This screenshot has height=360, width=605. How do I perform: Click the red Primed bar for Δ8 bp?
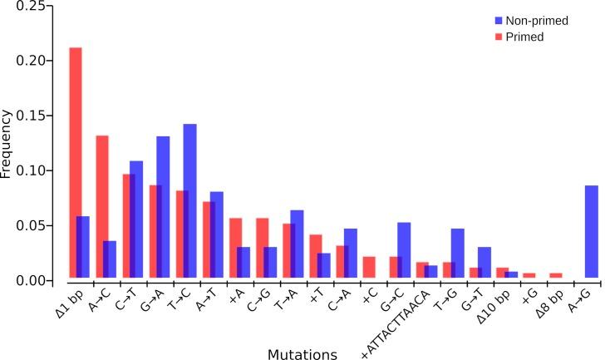tap(556, 275)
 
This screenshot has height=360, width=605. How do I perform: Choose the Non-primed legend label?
tap(538, 21)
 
